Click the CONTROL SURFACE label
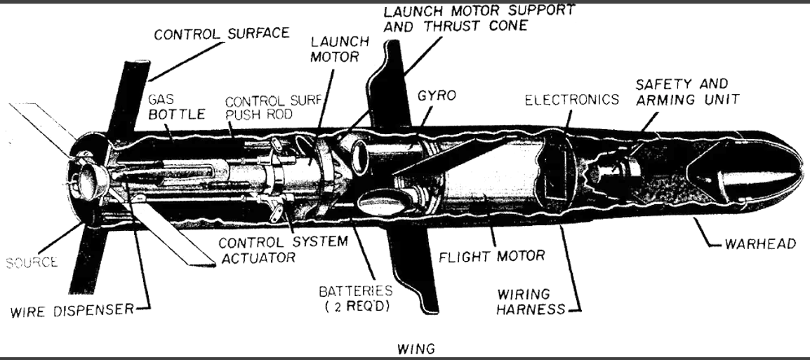[222, 34]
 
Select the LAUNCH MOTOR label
[340, 49]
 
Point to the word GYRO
[437, 96]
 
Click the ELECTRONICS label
[571, 100]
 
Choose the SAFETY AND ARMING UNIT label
[688, 91]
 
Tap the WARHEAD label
[760, 244]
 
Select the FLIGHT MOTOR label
[492, 255]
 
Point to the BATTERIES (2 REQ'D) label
[355, 298]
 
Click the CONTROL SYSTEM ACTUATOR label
[283, 249]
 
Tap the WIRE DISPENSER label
[72, 310]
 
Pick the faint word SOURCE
[32, 262]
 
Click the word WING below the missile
[416, 349]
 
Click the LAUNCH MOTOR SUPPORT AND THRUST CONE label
[479, 18]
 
